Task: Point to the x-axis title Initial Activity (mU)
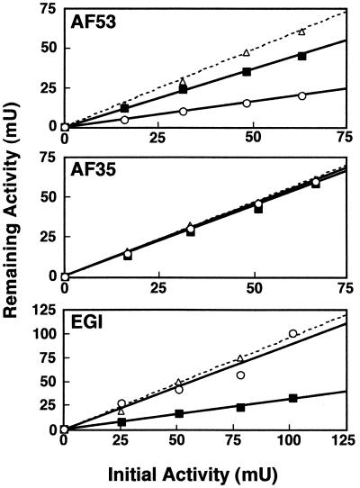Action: tap(204, 472)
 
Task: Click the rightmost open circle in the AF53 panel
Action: tap(302, 95)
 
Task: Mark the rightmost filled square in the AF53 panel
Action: tap(302, 57)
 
